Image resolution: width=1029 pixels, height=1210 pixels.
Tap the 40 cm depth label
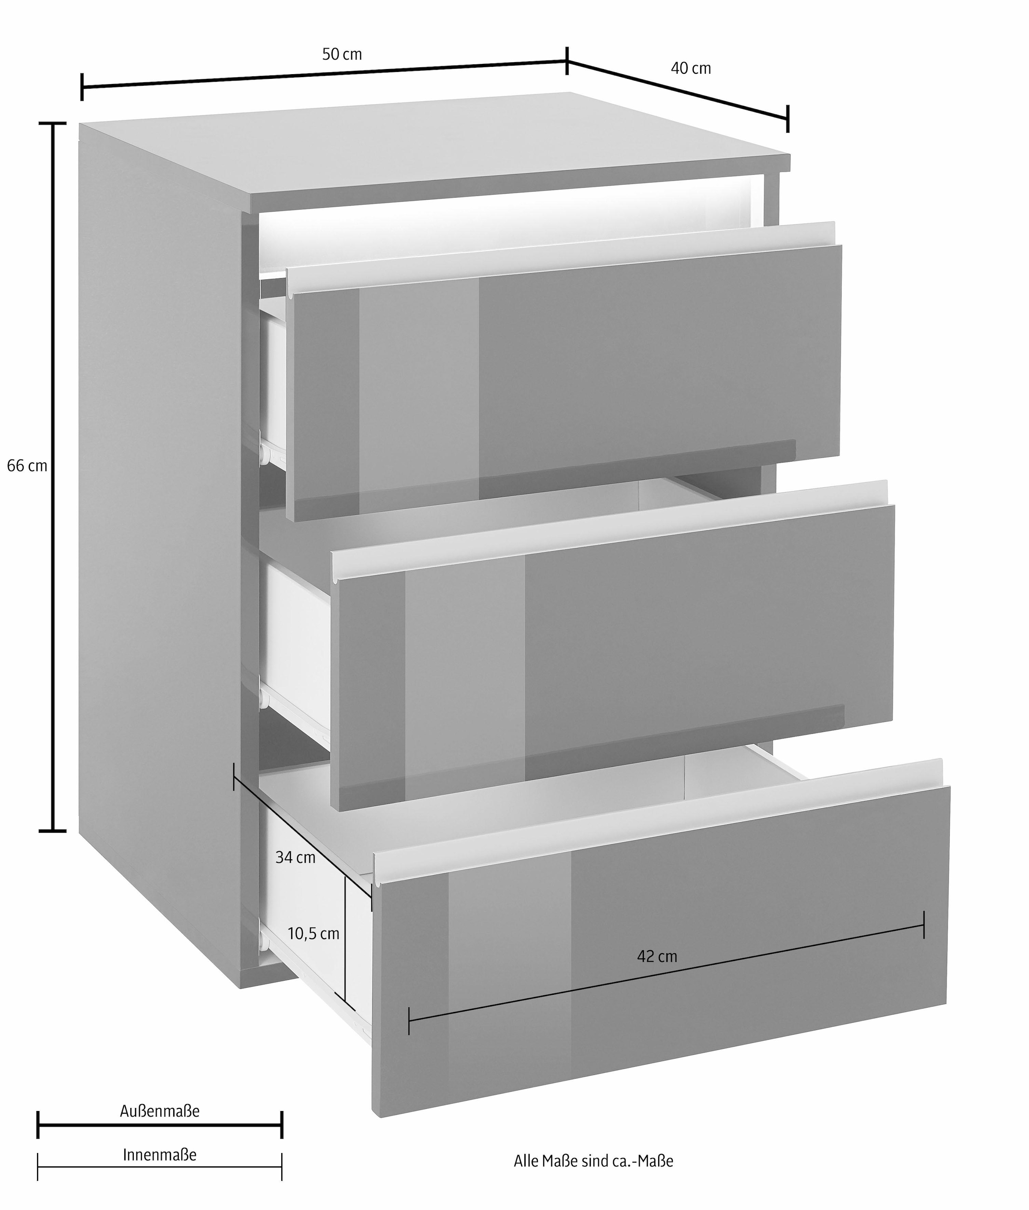tap(691, 68)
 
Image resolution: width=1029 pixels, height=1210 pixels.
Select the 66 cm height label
tap(27, 466)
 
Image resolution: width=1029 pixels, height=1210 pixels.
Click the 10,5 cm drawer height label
tap(313, 934)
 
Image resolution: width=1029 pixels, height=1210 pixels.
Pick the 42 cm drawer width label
tap(657, 956)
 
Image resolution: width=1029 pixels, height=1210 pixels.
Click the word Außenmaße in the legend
tap(160, 1111)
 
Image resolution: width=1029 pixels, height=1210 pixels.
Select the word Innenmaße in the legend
tap(160, 1155)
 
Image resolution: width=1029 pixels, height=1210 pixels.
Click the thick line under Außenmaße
tap(160, 1126)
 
